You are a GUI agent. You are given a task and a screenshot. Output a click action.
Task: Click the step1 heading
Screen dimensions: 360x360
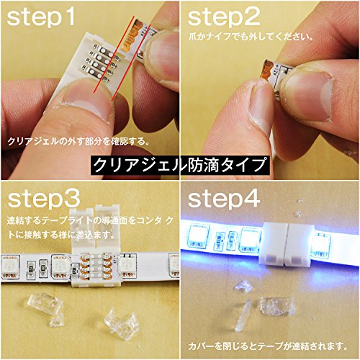40,17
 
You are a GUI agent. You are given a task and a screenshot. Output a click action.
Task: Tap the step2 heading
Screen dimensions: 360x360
224,17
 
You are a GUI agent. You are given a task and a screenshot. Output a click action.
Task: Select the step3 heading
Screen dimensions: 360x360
44,199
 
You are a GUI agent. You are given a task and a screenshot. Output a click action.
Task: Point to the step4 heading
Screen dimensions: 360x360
224,199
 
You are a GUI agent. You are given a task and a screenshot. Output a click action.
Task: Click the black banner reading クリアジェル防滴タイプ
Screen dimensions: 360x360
180,165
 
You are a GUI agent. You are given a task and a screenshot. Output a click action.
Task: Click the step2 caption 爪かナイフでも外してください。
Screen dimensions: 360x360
251,37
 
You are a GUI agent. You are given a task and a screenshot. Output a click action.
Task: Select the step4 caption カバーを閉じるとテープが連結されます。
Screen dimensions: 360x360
268,346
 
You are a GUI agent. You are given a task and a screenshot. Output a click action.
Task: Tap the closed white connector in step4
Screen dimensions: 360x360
286,243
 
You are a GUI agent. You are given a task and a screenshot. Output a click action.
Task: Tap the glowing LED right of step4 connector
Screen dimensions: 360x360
321,245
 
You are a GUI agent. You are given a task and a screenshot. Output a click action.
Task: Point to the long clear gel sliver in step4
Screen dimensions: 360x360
243,315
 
